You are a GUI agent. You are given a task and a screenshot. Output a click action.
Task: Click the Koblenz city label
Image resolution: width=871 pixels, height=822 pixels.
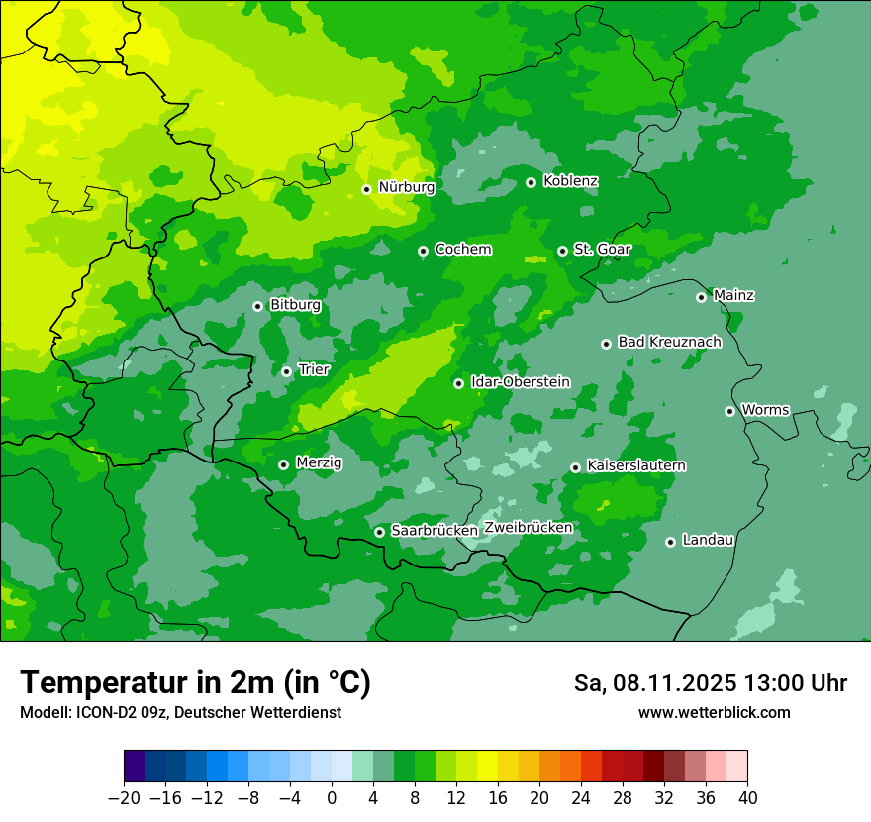tap(570, 181)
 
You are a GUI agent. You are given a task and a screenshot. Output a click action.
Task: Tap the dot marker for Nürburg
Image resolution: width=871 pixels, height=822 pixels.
tap(366, 189)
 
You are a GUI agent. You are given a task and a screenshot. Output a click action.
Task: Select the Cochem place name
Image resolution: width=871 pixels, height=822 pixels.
tap(462, 250)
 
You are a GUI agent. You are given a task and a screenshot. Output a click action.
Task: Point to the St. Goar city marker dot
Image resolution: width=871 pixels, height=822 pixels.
tap(562, 251)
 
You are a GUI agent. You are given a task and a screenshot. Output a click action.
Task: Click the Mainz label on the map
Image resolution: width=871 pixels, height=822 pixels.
tap(733, 296)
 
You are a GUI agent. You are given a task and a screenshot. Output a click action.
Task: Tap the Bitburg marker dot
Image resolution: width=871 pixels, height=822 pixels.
tap(257, 306)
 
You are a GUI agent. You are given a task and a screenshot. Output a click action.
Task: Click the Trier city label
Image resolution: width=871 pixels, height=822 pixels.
tap(314, 370)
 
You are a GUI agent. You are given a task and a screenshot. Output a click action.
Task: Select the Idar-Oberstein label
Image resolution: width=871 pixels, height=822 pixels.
tap(520, 382)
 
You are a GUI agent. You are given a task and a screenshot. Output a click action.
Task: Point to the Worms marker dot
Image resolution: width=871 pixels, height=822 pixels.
tap(729, 411)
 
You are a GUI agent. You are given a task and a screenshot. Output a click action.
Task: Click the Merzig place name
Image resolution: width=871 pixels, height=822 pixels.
tap(319, 463)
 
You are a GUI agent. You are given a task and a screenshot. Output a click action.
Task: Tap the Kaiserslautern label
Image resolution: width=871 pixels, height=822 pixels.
tap(635, 465)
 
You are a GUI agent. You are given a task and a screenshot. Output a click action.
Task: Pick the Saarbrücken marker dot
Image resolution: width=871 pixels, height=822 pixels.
tap(379, 532)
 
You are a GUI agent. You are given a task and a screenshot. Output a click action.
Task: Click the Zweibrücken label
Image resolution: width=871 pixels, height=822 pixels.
tap(528, 528)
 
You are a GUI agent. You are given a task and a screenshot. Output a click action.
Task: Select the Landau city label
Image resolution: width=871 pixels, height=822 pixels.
tap(708, 540)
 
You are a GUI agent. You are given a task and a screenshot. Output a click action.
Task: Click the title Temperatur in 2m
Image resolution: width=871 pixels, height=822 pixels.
tap(195, 683)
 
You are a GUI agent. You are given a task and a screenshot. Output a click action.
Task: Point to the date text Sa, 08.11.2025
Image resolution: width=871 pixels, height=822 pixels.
tap(654, 683)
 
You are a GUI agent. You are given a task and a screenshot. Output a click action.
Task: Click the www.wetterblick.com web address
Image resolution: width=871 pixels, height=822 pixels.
tap(714, 712)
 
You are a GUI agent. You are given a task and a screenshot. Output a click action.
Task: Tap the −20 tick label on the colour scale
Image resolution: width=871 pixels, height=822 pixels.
tap(124, 798)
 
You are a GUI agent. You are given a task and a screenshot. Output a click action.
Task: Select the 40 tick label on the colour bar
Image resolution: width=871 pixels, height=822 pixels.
tap(747, 798)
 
